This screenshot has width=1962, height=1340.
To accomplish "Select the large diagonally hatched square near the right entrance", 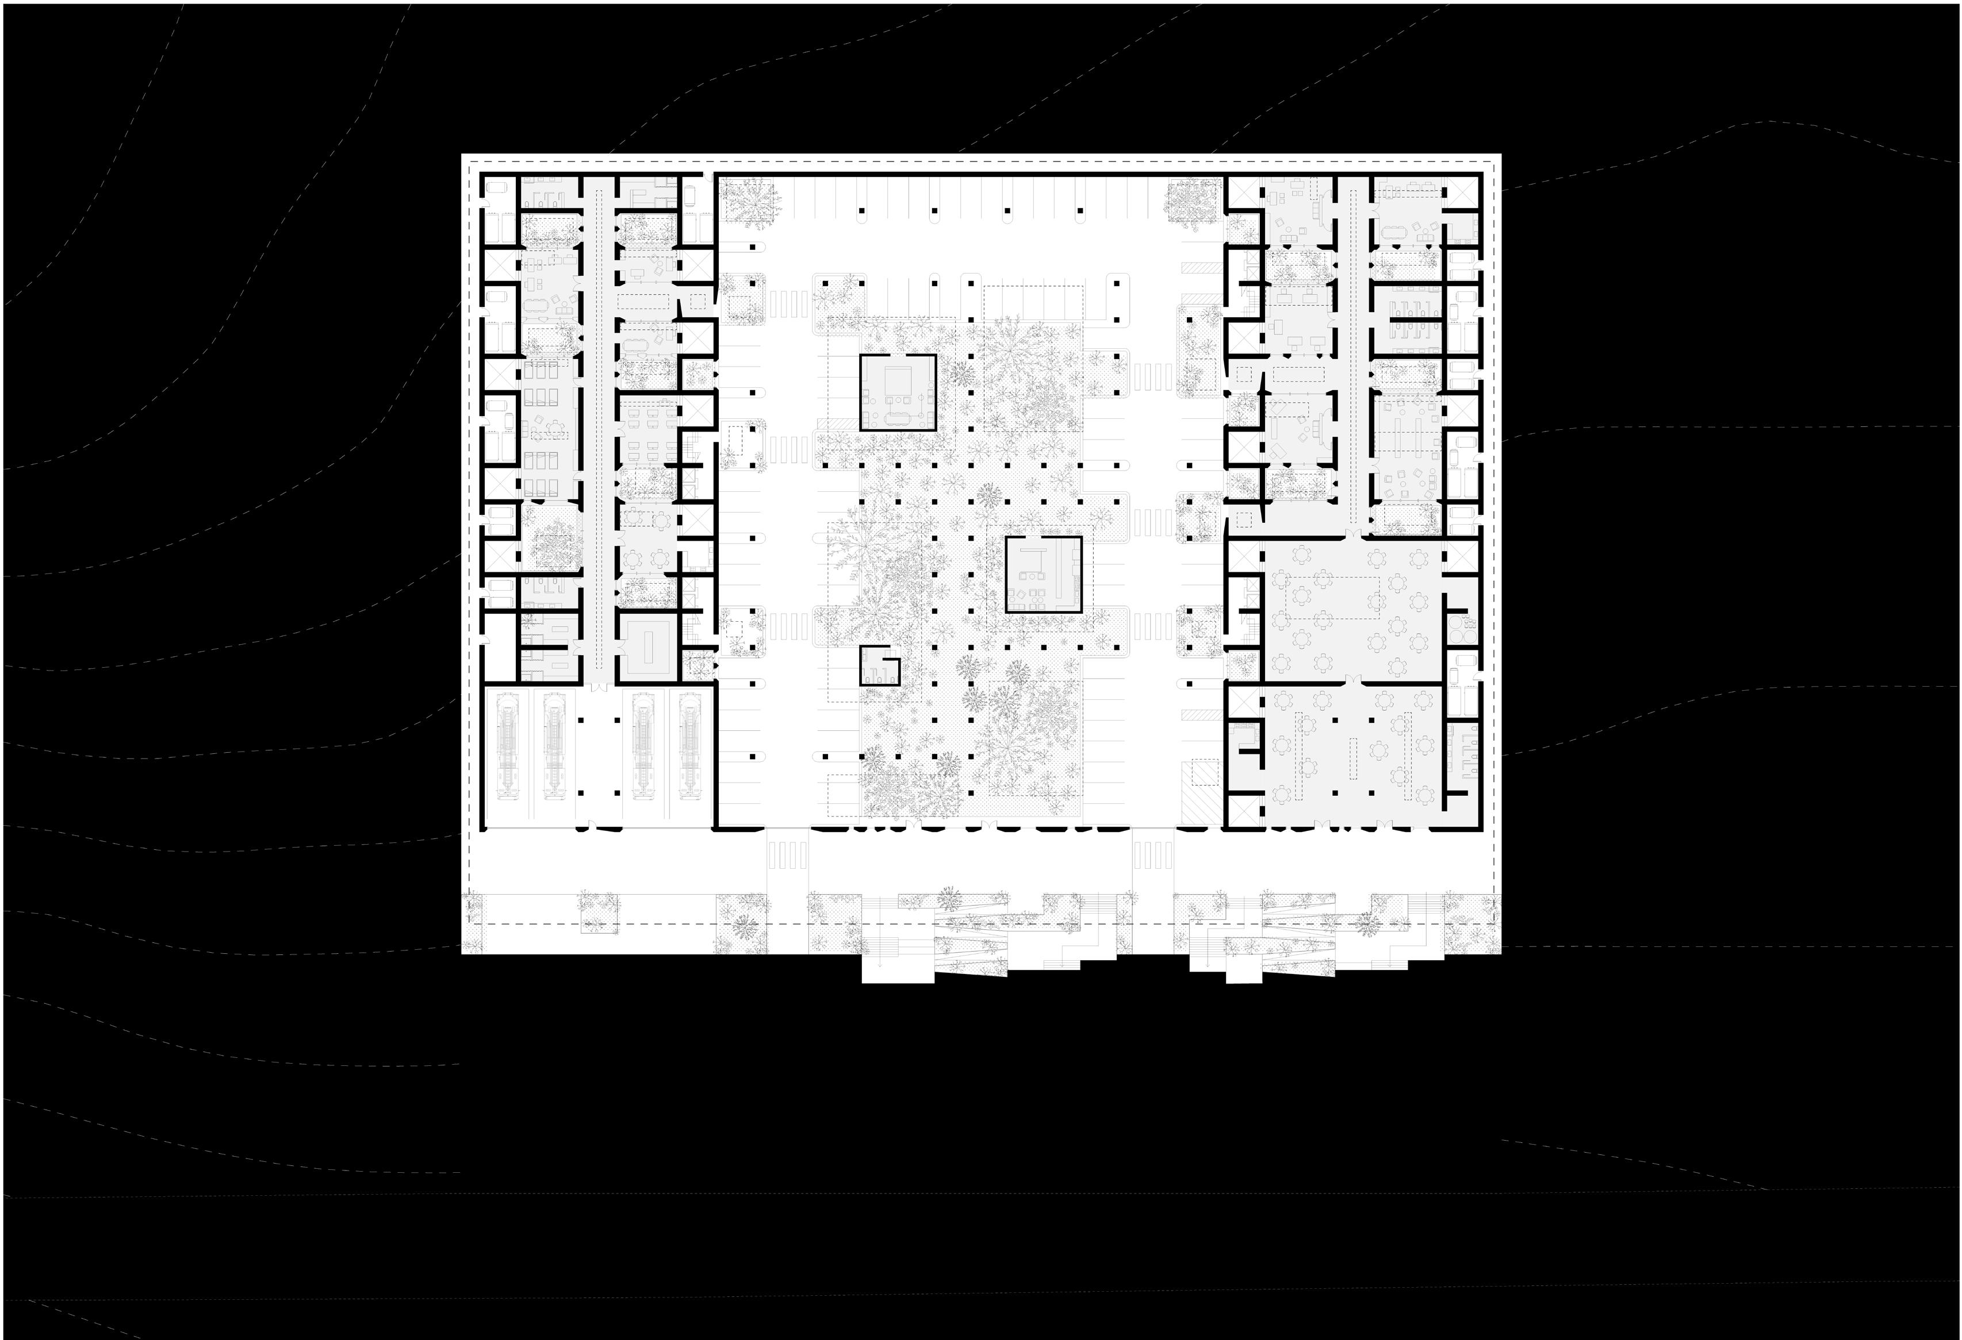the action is pyautogui.click(x=1205, y=774).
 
